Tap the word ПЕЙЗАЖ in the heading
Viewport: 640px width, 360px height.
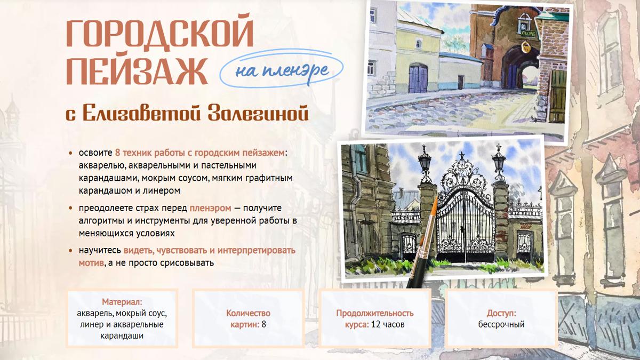click(x=137, y=71)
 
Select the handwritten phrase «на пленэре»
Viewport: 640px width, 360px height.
click(x=282, y=70)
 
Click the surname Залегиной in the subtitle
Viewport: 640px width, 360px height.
click(x=258, y=113)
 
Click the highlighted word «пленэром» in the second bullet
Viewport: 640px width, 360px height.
click(x=210, y=209)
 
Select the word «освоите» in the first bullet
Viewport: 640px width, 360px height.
click(x=95, y=153)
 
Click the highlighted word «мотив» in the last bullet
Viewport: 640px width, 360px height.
click(x=91, y=262)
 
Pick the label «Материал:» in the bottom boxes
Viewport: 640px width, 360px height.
click(x=122, y=302)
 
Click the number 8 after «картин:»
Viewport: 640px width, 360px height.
click(x=263, y=324)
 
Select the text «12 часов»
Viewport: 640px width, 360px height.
click(x=388, y=325)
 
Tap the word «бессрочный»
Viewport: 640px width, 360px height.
click(x=501, y=325)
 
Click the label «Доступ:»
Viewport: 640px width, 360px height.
click(x=501, y=313)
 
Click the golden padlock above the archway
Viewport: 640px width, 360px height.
click(x=526, y=47)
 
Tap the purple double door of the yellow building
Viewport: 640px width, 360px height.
click(x=418, y=78)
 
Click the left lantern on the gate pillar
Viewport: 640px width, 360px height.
click(x=425, y=163)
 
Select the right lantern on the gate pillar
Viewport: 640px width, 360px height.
click(x=499, y=162)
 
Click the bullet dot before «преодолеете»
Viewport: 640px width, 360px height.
click(x=70, y=209)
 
